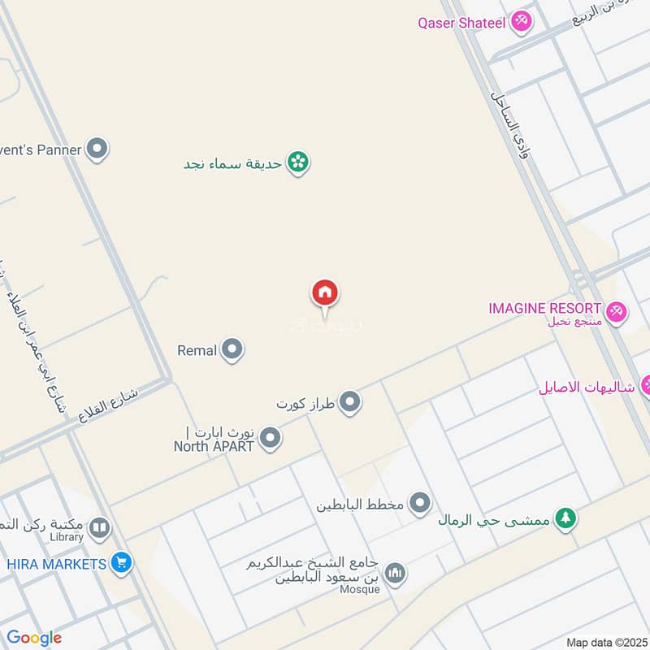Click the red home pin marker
click(x=325, y=293)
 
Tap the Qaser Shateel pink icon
click(x=522, y=22)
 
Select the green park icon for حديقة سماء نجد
click(x=299, y=162)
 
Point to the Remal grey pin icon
click(x=232, y=350)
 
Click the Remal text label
click(x=197, y=351)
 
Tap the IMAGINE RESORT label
click(x=545, y=309)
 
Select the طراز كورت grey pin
click(x=350, y=401)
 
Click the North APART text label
click(x=214, y=445)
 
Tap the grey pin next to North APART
click(x=271, y=440)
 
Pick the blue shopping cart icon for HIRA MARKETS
click(x=122, y=562)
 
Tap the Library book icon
click(x=100, y=530)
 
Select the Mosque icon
click(x=395, y=574)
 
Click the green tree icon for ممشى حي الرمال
click(x=565, y=518)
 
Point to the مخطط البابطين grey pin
click(x=419, y=504)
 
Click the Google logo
click(x=34, y=638)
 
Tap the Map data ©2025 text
click(x=604, y=642)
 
